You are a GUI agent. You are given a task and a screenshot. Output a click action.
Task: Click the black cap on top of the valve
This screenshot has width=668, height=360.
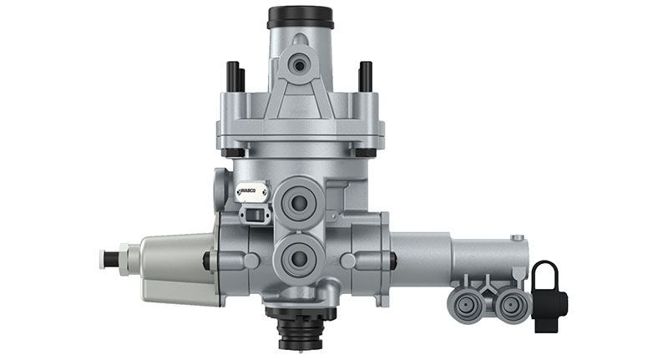coord(300,17)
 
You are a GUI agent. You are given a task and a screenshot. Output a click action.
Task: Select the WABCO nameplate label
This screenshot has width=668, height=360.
coord(250,193)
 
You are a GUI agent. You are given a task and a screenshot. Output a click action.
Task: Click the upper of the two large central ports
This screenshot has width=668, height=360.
coord(299,200)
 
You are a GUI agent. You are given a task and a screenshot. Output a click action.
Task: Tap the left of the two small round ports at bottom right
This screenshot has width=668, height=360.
coord(465,302)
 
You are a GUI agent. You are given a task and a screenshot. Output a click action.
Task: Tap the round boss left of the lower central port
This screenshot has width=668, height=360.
coord(250,261)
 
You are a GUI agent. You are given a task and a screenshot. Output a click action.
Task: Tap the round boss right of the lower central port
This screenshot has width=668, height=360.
coord(348,261)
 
